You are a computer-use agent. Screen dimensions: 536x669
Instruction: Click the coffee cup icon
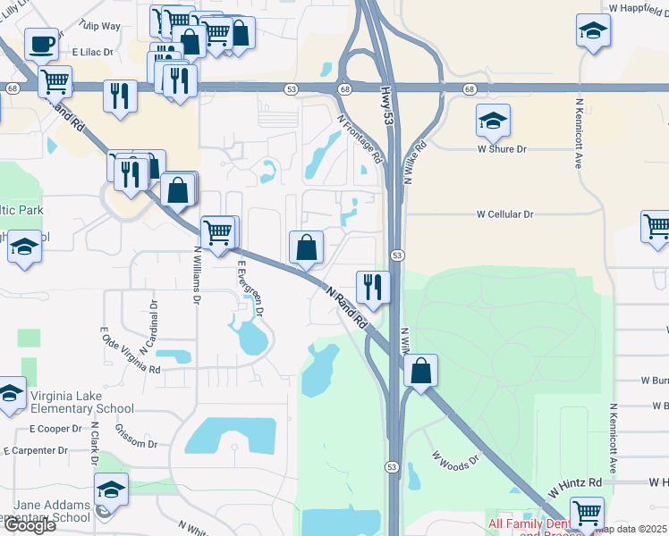pos(42,44)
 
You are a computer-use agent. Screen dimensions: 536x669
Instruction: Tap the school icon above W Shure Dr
pos(492,119)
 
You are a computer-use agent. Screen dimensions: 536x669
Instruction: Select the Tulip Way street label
pos(99,26)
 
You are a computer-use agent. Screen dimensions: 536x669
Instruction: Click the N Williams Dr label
pos(197,276)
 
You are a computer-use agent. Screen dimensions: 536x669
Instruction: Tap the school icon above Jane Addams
pos(111,489)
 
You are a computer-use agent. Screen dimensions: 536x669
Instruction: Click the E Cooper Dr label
pos(55,429)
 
